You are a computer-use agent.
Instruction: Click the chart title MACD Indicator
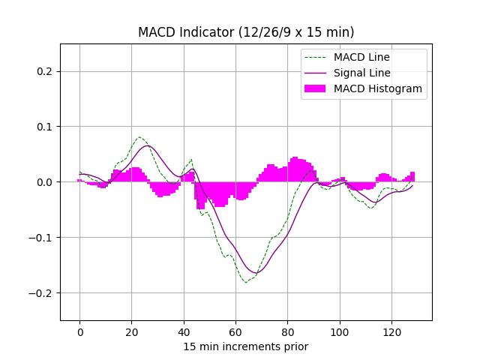pyautogui.click(x=246, y=32)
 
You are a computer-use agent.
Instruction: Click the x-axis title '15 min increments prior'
pyautogui.click(x=246, y=346)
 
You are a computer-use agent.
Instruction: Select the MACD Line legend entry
pyautogui.click(x=361, y=57)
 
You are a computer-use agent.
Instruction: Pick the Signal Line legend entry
pyautogui.click(x=361, y=73)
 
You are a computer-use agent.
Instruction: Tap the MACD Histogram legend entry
pyautogui.click(x=377, y=88)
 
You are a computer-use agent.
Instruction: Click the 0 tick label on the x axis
pyautogui.click(x=79, y=331)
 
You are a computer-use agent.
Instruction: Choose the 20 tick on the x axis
pyautogui.click(x=131, y=331)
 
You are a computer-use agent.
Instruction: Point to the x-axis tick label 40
pyautogui.click(x=183, y=331)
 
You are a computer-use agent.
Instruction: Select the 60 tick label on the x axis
pyautogui.click(x=235, y=331)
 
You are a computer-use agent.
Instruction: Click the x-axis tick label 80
pyautogui.click(x=287, y=331)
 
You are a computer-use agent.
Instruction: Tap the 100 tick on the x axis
pyautogui.click(x=339, y=331)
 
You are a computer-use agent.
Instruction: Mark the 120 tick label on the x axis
pyautogui.click(x=391, y=331)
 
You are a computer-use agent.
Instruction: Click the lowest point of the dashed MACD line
pyautogui.click(x=245, y=282)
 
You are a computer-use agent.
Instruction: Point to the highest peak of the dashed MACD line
pyautogui.click(x=139, y=137)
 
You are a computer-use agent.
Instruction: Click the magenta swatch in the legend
pyautogui.click(x=316, y=88)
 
